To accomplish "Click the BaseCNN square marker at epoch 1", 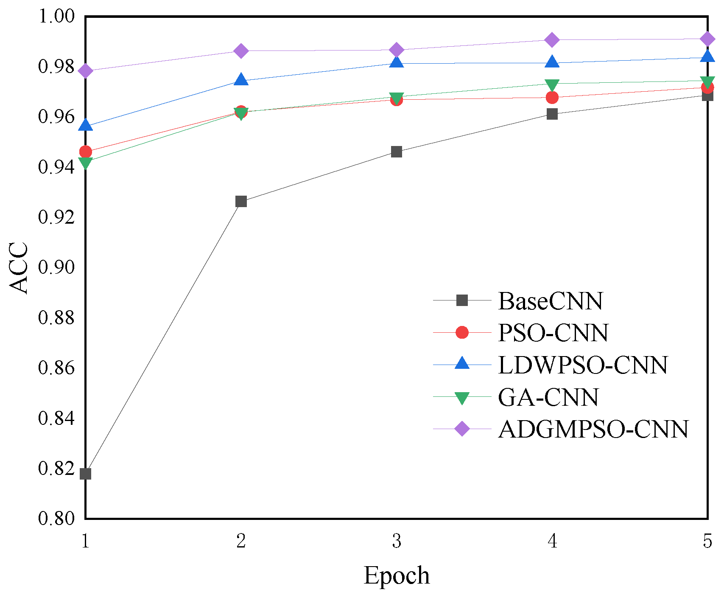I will [86, 474].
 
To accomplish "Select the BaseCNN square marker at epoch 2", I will [241, 201].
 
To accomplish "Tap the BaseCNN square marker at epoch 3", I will [397, 152].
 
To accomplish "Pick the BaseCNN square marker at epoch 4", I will [552, 114].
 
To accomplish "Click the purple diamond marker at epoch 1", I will [86, 71].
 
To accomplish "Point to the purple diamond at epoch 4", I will [552, 40].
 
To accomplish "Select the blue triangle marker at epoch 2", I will [241, 80].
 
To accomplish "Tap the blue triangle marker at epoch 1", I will [86, 125].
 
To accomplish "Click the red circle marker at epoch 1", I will [86, 152].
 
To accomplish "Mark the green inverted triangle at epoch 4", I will [552, 84].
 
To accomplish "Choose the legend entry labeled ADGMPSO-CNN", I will [593, 429].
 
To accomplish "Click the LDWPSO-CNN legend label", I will [583, 365].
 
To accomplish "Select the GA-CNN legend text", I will [548, 397].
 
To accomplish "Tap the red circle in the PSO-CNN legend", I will [462, 332].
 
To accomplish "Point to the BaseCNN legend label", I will [550, 301].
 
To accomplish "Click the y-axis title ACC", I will [19, 267].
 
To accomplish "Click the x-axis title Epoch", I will [397, 576].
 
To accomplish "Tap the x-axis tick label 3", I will [397, 541].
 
